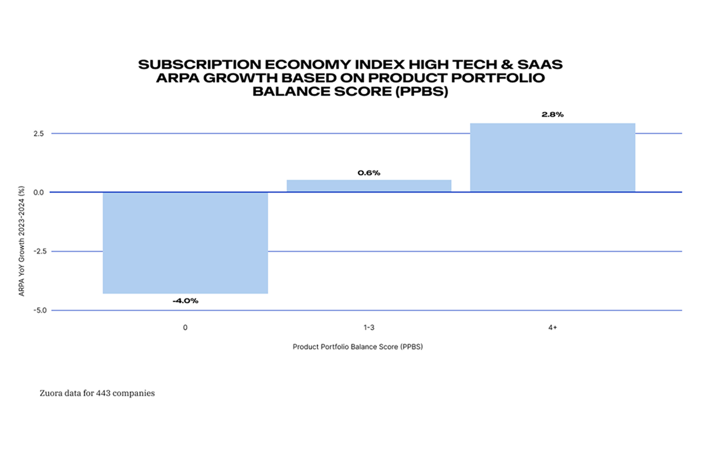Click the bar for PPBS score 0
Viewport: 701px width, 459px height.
click(x=185, y=243)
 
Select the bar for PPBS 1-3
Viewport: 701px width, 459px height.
click(x=368, y=186)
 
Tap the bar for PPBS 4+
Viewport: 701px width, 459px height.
click(x=552, y=157)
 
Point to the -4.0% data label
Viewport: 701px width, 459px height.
click(x=185, y=301)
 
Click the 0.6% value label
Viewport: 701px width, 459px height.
click(x=368, y=173)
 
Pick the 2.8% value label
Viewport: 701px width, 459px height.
click(x=552, y=114)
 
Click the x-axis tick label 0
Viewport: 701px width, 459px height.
click(x=185, y=328)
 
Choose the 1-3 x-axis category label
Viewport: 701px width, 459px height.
click(x=368, y=328)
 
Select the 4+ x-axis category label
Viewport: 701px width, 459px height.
click(x=552, y=328)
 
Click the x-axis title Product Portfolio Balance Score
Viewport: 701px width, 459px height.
click(x=366, y=347)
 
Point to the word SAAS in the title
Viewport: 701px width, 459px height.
click(x=545, y=64)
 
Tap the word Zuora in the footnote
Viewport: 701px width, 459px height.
click(x=52, y=393)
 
